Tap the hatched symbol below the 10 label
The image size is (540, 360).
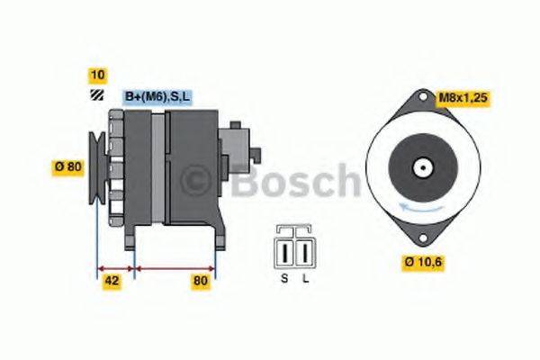(95, 95)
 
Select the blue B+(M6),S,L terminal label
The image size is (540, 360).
(157, 96)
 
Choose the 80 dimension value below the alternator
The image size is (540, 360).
(200, 281)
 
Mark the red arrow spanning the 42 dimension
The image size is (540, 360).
(114, 267)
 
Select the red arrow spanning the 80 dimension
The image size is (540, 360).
(175, 267)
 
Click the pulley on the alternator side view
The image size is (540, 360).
(96, 167)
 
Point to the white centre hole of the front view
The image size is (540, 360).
(419, 167)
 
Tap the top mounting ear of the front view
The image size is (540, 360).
(420, 97)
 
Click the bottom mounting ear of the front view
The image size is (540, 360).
(419, 237)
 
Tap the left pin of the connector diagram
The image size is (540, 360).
(285, 248)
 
